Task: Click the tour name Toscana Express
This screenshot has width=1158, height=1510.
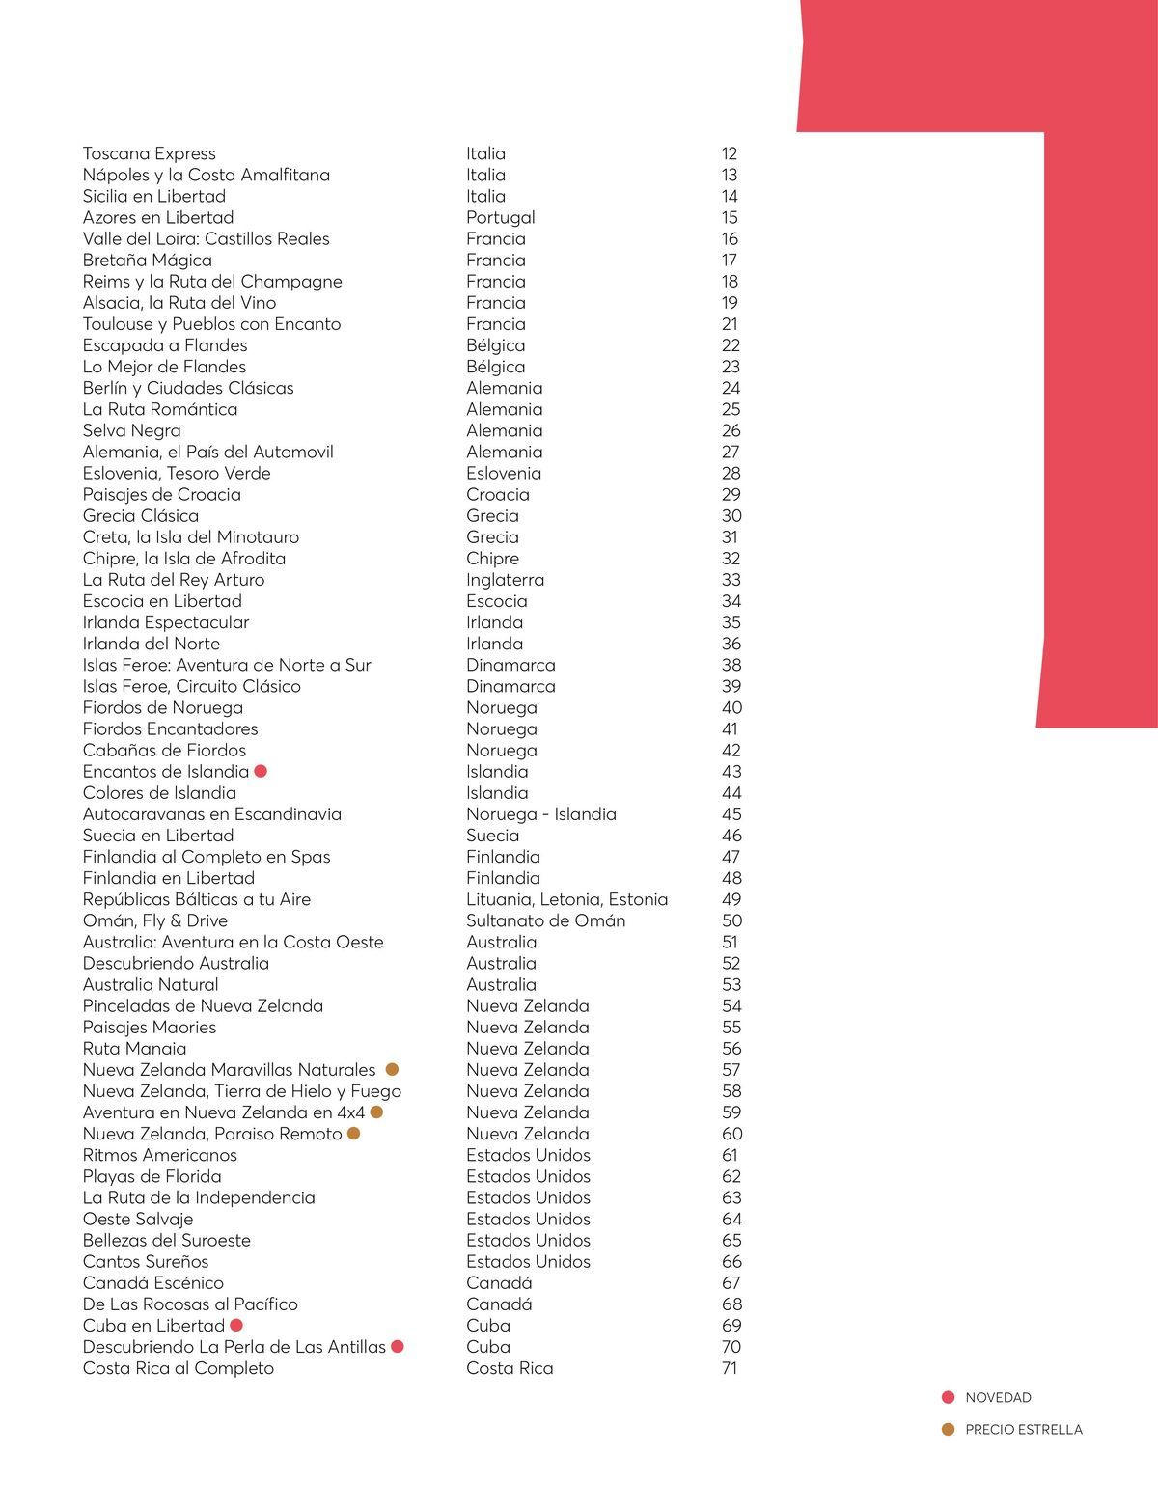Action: [149, 153]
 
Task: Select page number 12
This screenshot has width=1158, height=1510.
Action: [729, 153]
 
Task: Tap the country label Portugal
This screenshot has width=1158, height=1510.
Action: [500, 217]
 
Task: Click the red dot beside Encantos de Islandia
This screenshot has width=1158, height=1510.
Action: [260, 771]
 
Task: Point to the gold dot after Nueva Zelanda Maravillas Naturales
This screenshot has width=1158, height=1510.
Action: [393, 1069]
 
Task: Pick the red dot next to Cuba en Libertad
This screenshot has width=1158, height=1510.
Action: [236, 1325]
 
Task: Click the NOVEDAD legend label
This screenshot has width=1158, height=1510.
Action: [998, 1397]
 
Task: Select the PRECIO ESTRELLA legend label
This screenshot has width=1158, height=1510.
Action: [1023, 1429]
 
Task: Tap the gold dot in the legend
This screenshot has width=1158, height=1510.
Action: [949, 1429]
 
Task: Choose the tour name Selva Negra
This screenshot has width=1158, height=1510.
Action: [131, 430]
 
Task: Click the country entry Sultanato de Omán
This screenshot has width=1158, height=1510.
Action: [545, 920]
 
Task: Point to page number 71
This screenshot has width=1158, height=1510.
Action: [729, 1368]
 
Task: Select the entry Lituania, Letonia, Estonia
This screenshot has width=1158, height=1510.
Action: [566, 899]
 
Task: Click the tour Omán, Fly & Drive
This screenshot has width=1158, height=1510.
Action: [154, 920]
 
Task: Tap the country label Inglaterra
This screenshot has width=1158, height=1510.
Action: [505, 580]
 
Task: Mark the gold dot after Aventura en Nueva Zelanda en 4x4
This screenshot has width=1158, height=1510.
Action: [376, 1112]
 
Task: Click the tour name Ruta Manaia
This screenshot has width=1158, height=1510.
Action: [134, 1048]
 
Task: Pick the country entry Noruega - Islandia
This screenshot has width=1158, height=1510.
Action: [540, 813]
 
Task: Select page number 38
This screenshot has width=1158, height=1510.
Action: [731, 665]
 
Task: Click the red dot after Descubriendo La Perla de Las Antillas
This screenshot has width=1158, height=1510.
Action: [397, 1346]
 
